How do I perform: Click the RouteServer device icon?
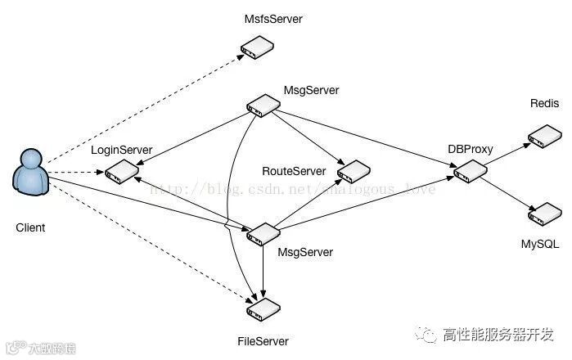click(354, 171)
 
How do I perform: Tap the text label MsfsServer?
click(272, 18)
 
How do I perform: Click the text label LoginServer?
click(122, 150)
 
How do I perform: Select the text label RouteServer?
click(294, 171)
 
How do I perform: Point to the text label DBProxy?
click(469, 149)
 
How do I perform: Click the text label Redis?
click(544, 104)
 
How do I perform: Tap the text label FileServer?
click(260, 340)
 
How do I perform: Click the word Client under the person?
click(30, 227)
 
